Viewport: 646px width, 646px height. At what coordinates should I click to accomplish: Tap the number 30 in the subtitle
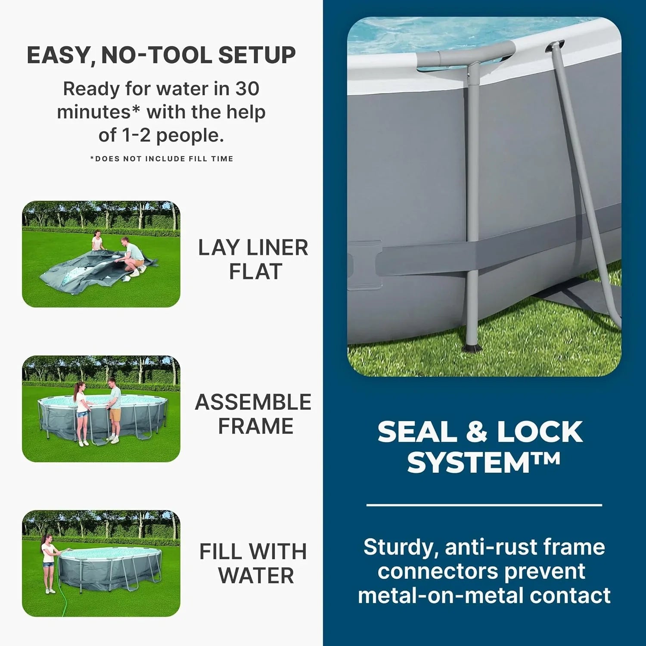[247, 89]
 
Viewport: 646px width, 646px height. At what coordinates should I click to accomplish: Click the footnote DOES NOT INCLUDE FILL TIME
[161, 159]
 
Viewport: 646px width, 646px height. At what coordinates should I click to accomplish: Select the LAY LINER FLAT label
[253, 259]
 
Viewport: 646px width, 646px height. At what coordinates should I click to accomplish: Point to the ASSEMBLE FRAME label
[253, 414]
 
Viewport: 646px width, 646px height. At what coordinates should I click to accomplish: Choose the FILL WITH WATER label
[253, 563]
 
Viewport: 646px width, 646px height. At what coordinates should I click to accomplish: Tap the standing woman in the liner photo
[97, 241]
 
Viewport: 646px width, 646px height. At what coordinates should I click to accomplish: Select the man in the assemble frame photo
[114, 409]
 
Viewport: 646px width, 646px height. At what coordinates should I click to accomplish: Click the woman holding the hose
[48, 562]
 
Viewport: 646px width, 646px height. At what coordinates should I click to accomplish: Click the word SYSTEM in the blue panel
[469, 463]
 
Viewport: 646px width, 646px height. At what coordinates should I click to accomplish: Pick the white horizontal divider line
[484, 505]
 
